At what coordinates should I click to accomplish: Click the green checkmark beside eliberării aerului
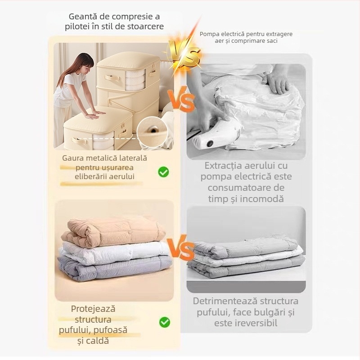click(x=163, y=172)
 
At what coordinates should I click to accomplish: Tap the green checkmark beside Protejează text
click(x=165, y=322)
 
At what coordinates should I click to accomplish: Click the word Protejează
click(x=93, y=309)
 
